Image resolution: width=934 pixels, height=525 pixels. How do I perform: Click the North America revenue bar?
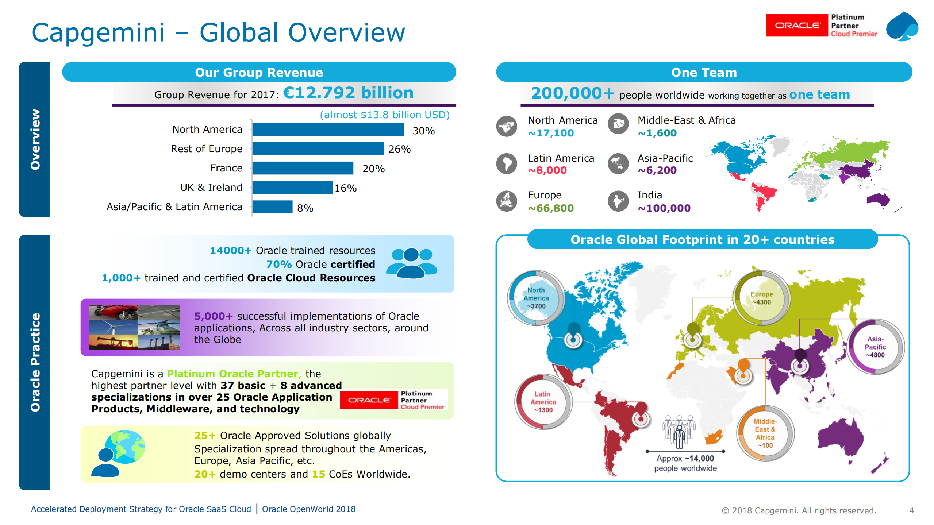tap(328, 130)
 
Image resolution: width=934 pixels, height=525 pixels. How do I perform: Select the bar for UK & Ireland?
tap(292, 188)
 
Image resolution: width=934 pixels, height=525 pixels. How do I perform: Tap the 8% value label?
tap(305, 208)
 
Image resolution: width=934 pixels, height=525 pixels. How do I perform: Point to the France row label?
tap(226, 168)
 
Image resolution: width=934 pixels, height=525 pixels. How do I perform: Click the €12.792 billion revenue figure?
tap(348, 93)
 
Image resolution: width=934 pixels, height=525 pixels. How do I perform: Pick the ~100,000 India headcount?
tap(664, 208)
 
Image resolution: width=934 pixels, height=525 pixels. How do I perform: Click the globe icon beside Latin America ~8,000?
tap(507, 163)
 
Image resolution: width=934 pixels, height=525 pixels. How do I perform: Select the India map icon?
tap(618, 201)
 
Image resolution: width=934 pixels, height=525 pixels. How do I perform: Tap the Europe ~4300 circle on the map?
tap(762, 298)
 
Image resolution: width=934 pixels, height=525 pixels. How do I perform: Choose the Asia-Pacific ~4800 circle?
tap(875, 347)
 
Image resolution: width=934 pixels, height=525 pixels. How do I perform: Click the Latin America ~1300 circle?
tap(543, 402)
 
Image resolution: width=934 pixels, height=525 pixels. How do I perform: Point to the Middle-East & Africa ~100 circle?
tap(765, 433)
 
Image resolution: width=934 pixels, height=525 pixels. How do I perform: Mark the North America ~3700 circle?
tap(536, 298)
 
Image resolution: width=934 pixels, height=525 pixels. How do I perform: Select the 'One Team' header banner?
tap(704, 72)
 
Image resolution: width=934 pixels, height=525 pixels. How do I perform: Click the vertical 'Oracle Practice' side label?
tap(35, 362)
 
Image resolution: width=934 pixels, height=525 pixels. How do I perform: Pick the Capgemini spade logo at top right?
tap(902, 26)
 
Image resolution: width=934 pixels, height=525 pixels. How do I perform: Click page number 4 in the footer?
tap(911, 510)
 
